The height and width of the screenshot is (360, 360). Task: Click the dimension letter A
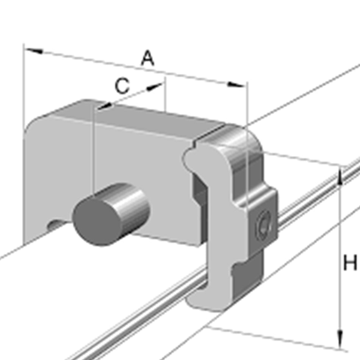(x=148, y=59)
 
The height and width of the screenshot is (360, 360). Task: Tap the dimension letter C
(x=122, y=86)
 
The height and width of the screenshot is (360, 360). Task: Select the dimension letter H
(x=349, y=263)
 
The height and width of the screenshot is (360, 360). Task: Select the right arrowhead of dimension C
(x=155, y=87)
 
